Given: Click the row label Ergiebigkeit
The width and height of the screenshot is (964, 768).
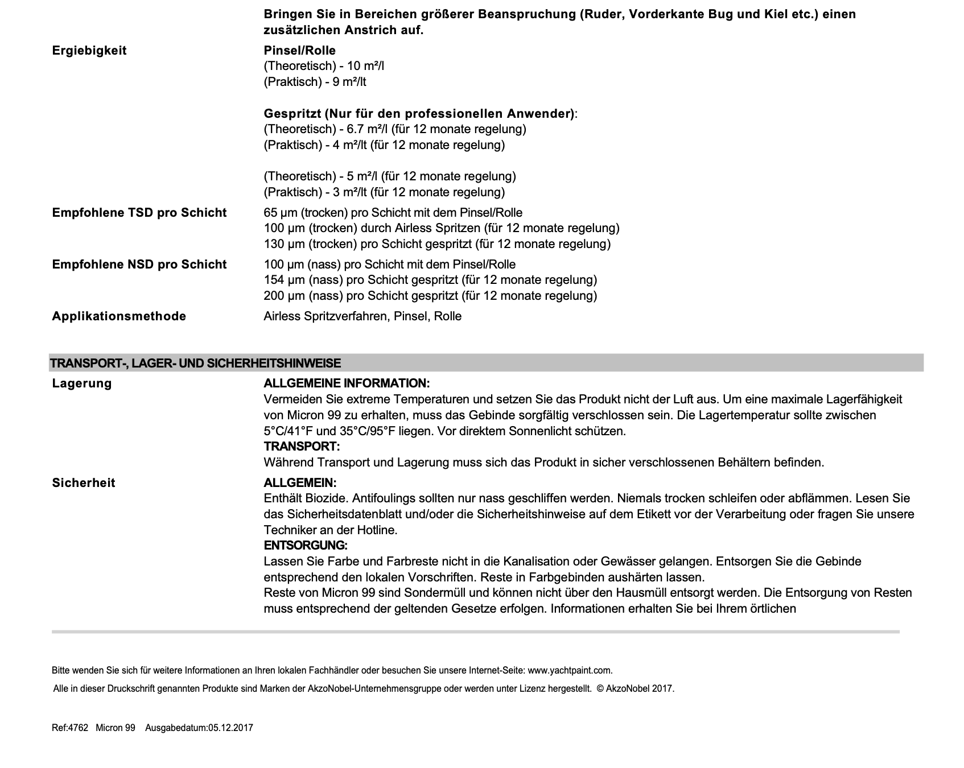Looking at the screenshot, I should click(89, 51).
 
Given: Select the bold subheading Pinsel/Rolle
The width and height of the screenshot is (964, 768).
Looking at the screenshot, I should click(299, 51).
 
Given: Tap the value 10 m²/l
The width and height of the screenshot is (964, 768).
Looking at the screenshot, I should click(366, 66).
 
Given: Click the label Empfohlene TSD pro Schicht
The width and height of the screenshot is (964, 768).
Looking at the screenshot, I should click(139, 213).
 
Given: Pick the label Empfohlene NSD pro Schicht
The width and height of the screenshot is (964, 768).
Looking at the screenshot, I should click(139, 265).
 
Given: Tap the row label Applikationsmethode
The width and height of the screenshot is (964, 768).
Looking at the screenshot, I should click(119, 316).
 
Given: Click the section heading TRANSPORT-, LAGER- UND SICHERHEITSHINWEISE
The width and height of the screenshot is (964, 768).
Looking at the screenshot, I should click(195, 363).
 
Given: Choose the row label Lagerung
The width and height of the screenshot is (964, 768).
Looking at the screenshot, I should click(82, 383).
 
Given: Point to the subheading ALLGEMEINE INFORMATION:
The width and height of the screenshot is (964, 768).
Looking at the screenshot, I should click(347, 383).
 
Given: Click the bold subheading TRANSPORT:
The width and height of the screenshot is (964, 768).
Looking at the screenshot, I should click(302, 447).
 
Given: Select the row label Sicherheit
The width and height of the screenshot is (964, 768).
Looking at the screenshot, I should click(84, 483).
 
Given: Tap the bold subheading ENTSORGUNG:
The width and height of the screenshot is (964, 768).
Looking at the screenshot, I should click(305, 546).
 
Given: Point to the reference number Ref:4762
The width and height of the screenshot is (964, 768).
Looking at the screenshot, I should click(70, 728).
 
